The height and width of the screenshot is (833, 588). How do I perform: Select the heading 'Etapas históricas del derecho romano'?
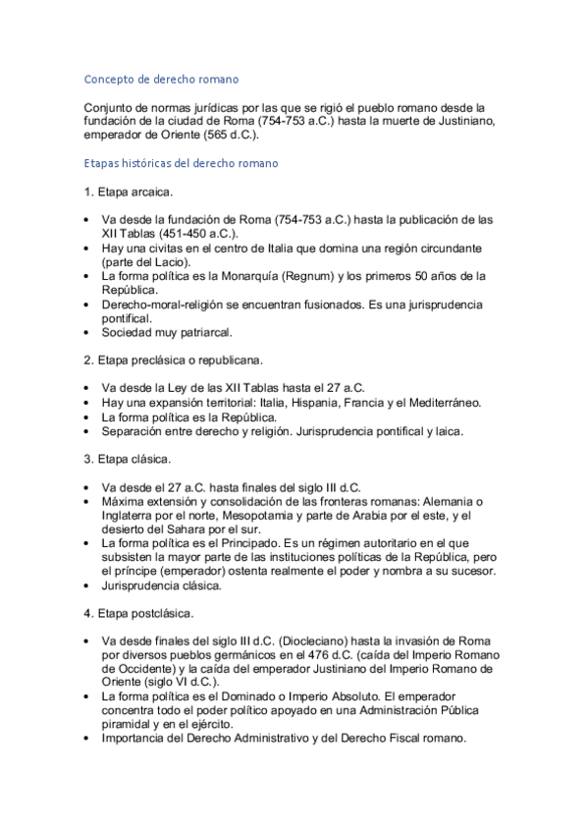[181, 163]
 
